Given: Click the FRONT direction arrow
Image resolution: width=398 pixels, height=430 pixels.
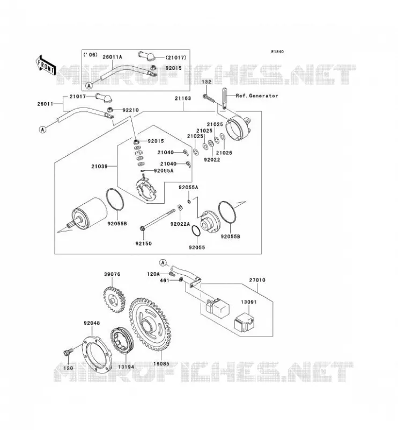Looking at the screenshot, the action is pos(46,65).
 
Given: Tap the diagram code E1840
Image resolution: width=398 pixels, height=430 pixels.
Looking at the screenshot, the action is pos(277,52).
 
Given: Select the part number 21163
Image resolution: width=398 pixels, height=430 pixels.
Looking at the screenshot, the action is pos(183,98).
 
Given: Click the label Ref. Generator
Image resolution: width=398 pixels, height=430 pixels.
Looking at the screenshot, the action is pos(257,96).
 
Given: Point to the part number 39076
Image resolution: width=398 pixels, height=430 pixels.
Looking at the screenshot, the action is pos(112,274).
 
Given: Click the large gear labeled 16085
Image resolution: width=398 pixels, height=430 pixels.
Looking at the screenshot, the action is pos(150,325).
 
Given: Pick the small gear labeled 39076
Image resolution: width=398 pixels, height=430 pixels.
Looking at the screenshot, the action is pos(114,299).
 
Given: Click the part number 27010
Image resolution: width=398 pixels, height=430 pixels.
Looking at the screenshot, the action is pos(257,280).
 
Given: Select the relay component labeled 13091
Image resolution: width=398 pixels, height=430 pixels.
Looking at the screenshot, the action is pos(245,324).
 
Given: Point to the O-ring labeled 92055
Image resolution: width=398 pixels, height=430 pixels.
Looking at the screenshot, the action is pos(196,231).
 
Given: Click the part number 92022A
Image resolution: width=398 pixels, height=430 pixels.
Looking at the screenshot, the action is pos(180,224).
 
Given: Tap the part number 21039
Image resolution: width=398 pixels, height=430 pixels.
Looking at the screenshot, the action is pos(99,166).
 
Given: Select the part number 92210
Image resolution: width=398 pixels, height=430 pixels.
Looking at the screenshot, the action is pos(130,110).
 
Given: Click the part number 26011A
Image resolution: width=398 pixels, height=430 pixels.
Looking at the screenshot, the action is pos(112,57).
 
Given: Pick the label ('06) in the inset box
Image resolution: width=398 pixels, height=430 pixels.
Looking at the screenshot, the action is pos(90,55).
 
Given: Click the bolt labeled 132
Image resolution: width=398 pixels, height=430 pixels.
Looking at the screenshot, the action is pos(209,98).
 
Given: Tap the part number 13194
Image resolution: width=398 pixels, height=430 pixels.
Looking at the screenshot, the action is pos(126,367).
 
